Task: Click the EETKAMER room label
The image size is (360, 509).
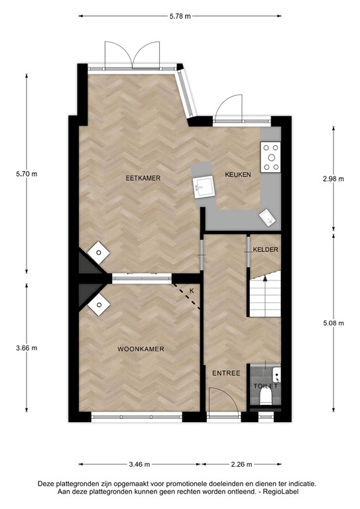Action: [144, 178]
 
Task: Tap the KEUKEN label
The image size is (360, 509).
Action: [237, 175]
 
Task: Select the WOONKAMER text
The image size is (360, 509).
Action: [141, 349]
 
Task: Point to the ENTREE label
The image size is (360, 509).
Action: [225, 373]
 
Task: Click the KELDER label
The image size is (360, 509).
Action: [265, 249]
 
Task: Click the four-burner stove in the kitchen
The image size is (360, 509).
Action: [270, 158]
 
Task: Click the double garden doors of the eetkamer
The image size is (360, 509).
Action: [133, 56]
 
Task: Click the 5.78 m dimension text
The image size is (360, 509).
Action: [181, 15]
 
